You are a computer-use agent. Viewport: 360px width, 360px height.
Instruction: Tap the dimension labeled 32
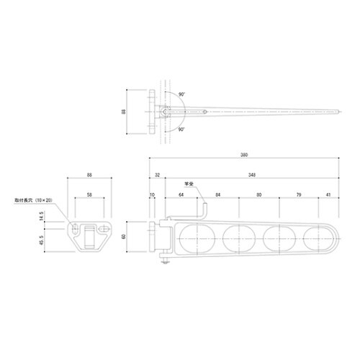pos(157,174)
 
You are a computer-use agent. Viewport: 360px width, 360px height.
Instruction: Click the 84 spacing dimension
pos(217,194)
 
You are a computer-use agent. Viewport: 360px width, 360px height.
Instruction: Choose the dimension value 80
pos(258,194)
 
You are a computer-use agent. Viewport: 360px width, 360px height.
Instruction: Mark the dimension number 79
pos(297,194)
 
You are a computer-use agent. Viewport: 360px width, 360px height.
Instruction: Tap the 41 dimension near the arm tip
pos(328,194)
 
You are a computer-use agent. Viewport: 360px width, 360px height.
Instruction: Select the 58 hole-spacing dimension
pos(89,194)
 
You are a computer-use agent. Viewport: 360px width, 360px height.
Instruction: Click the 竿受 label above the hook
pos(190,184)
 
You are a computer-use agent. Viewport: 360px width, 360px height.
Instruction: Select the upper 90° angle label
pos(182,95)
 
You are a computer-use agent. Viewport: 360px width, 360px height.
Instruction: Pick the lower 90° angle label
pos(182,130)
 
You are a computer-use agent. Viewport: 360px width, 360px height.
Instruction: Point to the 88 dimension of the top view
pos(125,112)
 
